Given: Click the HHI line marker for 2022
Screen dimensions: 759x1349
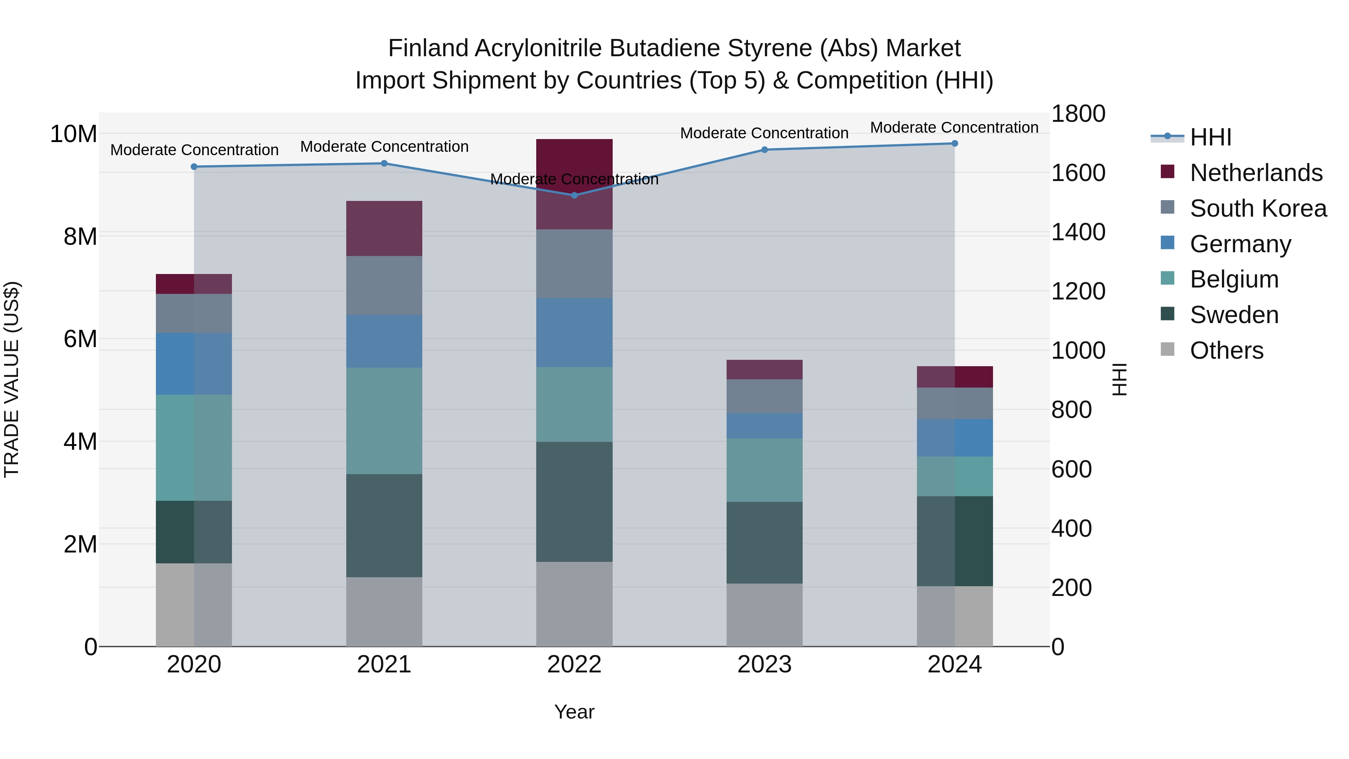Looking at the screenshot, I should (x=574, y=195).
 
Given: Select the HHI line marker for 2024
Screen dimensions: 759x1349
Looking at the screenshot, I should (x=954, y=144).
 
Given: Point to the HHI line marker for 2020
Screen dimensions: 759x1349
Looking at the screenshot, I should (x=194, y=166).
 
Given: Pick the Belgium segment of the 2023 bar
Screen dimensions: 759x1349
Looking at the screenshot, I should (x=764, y=470).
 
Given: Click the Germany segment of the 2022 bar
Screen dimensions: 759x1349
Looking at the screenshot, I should (x=574, y=332).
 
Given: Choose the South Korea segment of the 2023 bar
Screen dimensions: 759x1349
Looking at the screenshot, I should (x=764, y=396).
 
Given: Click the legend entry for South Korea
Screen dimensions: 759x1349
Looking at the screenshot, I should (x=1258, y=208).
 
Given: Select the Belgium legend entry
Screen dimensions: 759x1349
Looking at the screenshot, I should (x=1234, y=279).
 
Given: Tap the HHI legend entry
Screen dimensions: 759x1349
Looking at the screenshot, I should (x=1210, y=137).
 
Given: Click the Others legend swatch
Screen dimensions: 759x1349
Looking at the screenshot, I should (x=1167, y=349).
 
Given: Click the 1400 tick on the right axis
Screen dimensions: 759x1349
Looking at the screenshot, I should (x=1078, y=232).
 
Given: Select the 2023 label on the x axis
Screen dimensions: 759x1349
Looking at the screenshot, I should (x=764, y=665).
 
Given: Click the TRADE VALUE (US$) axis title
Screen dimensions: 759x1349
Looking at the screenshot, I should (x=12, y=379).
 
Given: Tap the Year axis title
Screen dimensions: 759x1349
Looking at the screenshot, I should (x=574, y=712).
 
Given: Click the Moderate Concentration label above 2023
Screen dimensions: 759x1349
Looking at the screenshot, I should (x=764, y=133).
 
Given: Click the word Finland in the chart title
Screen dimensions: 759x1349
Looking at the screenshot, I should (x=428, y=48).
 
